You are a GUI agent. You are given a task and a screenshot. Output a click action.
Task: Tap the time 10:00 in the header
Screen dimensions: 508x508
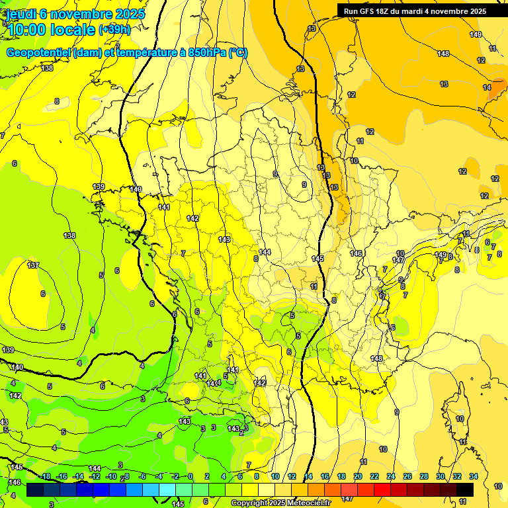pyautogui.click(x=29, y=29)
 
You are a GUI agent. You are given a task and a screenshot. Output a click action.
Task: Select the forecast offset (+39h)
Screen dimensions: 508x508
pyautogui.click(x=114, y=29)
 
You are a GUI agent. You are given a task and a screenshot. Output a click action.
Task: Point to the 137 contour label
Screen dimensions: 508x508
pyautogui.click(x=33, y=265)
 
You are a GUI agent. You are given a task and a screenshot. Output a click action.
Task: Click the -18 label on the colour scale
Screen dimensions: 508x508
pyautogui.click(x=46, y=476)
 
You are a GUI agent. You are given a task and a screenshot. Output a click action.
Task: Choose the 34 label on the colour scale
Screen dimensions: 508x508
pyautogui.click(x=473, y=476)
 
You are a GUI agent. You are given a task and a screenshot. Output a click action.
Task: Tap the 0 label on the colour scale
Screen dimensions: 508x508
pyautogui.click(x=190, y=476)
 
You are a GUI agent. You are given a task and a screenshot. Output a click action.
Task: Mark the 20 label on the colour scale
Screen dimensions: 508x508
pyautogui.click(x=358, y=476)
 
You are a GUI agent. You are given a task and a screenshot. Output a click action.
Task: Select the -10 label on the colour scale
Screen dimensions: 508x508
pyautogui.click(x=111, y=476)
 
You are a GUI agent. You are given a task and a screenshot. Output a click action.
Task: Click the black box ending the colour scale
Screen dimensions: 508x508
pyautogui.click(x=464, y=489)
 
